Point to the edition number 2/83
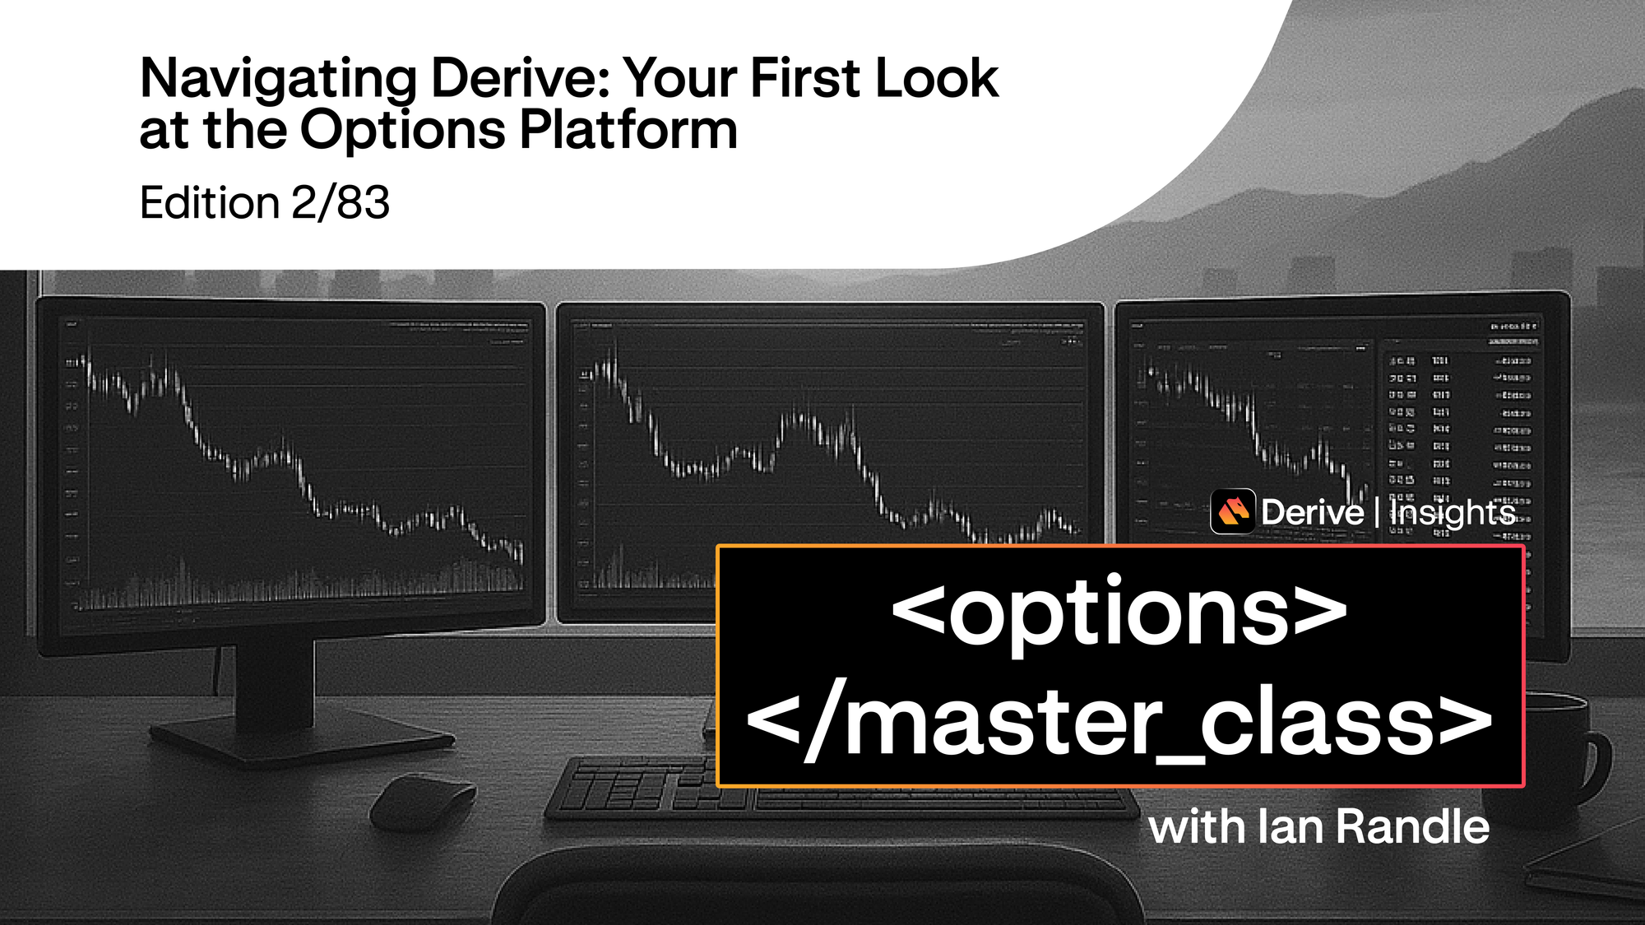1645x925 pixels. tap(341, 203)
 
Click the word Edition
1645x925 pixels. tap(210, 203)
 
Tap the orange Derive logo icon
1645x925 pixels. tap(1232, 511)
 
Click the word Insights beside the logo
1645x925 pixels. tap(1453, 513)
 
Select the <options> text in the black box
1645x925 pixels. tap(1119, 613)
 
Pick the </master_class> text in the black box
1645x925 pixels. tap(1119, 722)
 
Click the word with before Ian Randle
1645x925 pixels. tap(1198, 826)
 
